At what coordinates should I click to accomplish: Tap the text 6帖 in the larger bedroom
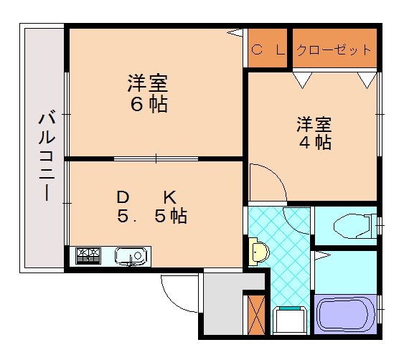pyautogui.click(x=149, y=105)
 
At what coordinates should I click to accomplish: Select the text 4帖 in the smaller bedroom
pyautogui.click(x=314, y=142)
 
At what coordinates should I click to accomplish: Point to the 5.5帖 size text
pyautogui.click(x=152, y=215)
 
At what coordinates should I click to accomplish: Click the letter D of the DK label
pyautogui.click(x=123, y=196)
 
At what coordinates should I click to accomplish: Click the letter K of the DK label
pyautogui.click(x=169, y=196)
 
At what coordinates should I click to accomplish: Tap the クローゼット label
pyautogui.click(x=334, y=50)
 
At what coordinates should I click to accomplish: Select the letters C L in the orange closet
pyautogui.click(x=268, y=50)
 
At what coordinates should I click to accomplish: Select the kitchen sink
pyautogui.click(x=131, y=255)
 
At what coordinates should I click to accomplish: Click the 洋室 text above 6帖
pyautogui.click(x=149, y=83)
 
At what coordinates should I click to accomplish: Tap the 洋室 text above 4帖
pyautogui.click(x=314, y=123)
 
